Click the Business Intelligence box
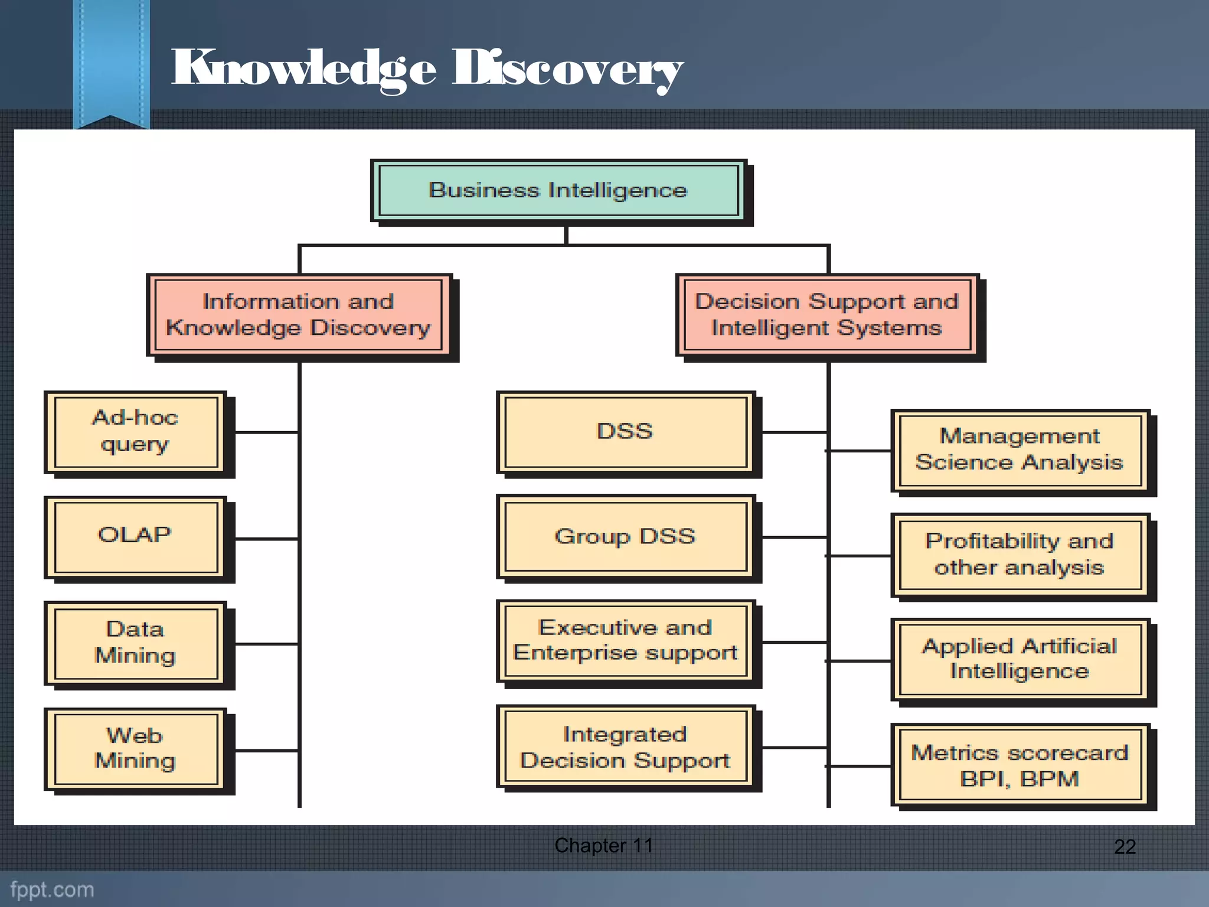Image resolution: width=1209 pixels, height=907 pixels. [558, 191]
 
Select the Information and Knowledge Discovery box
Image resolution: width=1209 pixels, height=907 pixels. [298, 315]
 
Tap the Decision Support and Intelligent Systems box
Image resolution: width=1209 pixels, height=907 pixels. [826, 315]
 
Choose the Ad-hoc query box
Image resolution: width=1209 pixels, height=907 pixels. [136, 432]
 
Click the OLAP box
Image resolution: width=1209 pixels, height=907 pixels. [136, 537]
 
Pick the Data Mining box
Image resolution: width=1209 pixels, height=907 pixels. [136, 643]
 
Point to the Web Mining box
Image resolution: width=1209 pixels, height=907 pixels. [136, 749]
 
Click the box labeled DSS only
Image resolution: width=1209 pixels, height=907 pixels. [626, 432]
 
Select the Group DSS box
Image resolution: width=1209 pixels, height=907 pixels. [626, 537]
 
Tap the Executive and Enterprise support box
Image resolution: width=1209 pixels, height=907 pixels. [626, 641]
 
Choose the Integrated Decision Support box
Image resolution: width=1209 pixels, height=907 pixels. [626, 748]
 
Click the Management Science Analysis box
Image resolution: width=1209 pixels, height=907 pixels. [1020, 450]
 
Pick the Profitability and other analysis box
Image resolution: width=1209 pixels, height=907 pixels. [1020, 555]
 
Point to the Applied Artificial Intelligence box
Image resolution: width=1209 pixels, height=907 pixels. [1020, 660]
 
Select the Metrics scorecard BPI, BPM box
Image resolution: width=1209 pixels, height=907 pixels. [1020, 765]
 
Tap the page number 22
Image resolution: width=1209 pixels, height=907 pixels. [1125, 847]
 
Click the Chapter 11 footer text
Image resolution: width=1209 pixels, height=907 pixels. [603, 846]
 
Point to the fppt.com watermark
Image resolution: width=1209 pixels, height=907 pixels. [52, 889]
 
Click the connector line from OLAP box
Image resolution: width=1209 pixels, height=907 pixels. [266, 539]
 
